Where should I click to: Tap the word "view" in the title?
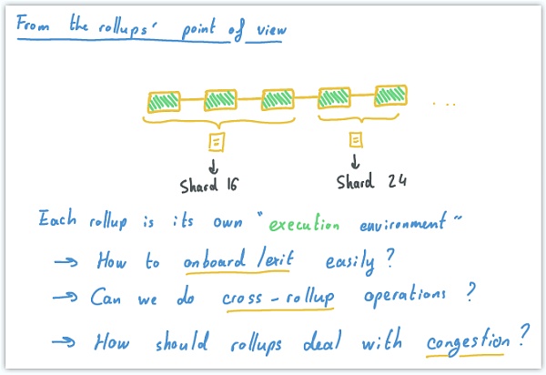tap(270, 31)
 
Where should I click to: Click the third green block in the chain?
tap(278, 99)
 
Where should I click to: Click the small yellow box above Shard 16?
tap(217, 141)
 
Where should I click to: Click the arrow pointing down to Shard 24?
tap(356, 163)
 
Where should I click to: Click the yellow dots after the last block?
tap(443, 105)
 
